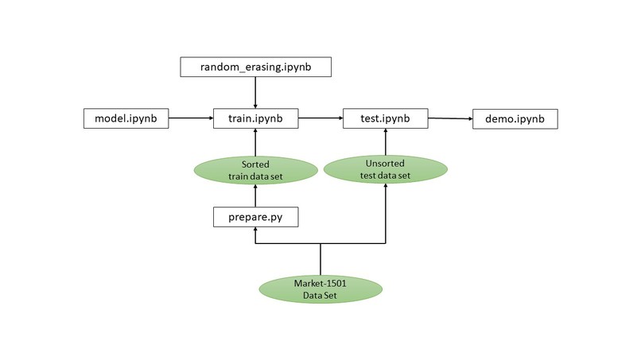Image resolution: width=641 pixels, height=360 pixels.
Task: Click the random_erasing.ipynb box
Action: click(x=254, y=68)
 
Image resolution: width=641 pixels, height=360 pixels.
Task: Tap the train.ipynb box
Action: click(x=254, y=119)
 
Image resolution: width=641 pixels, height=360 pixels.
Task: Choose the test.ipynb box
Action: click(x=386, y=119)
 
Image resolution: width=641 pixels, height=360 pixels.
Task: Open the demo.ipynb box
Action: click(x=515, y=119)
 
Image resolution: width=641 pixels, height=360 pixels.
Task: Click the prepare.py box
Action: click(x=254, y=216)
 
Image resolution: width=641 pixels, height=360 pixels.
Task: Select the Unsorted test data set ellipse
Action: click(x=386, y=168)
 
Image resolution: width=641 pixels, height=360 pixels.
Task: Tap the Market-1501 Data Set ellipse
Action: click(x=320, y=290)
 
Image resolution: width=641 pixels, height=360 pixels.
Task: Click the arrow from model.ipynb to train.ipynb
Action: click(x=191, y=119)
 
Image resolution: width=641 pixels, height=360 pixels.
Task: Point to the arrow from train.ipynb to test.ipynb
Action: click(x=320, y=119)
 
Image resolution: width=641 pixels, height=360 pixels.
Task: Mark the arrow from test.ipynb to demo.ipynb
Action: click(x=450, y=119)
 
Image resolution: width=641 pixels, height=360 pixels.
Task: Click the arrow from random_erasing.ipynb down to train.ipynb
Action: click(x=254, y=93)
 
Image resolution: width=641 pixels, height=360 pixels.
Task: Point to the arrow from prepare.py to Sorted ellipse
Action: click(x=254, y=195)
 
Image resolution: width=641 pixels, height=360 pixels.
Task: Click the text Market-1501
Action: click(x=320, y=284)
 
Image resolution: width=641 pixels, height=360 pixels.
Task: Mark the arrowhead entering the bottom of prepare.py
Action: click(x=254, y=230)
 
